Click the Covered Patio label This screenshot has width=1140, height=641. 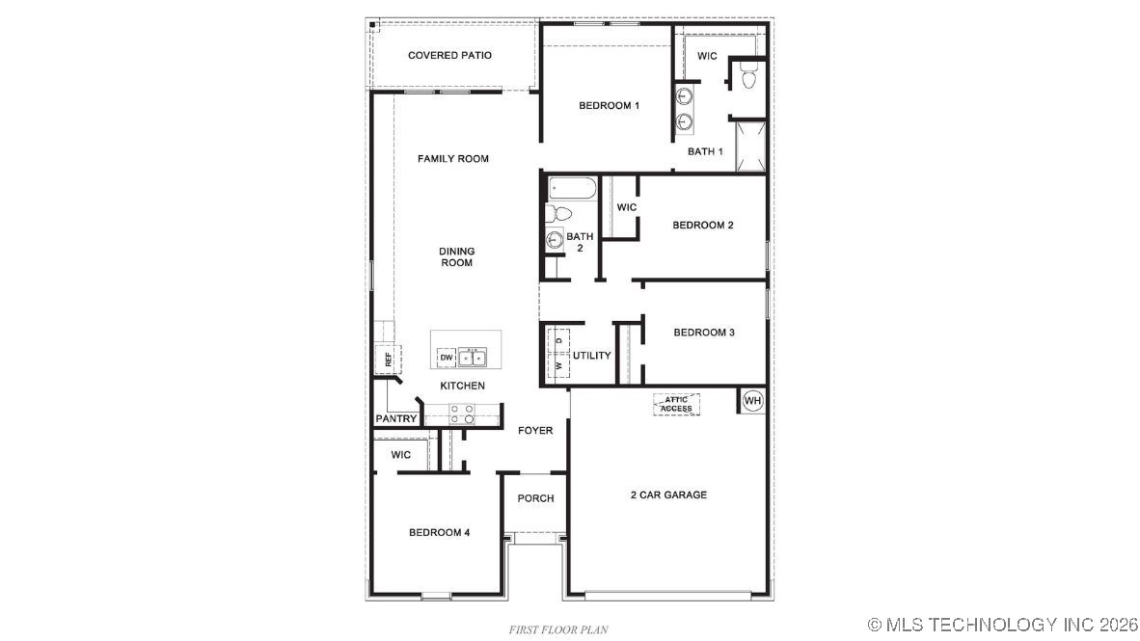[x=449, y=56]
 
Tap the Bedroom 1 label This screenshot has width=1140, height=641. [x=609, y=106]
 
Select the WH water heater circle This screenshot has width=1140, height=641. [x=752, y=400]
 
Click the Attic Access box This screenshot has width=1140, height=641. [x=676, y=404]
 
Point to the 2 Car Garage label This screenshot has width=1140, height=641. [x=668, y=495]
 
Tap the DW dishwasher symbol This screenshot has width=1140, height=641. [x=446, y=358]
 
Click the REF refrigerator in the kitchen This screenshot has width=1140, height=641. [x=389, y=361]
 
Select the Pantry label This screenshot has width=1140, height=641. [x=395, y=419]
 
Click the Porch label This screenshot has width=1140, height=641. [x=535, y=498]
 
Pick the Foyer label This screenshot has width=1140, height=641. [x=535, y=431]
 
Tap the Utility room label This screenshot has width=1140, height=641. [x=591, y=356]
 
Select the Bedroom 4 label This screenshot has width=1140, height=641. [x=439, y=533]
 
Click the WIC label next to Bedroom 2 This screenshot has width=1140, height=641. [x=626, y=208]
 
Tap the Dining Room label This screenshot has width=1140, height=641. [x=456, y=257]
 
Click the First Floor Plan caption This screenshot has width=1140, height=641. [x=558, y=629]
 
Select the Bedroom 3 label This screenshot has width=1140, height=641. [x=704, y=333]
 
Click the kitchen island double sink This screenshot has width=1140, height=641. [x=474, y=358]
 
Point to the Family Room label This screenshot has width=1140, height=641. [x=452, y=159]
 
